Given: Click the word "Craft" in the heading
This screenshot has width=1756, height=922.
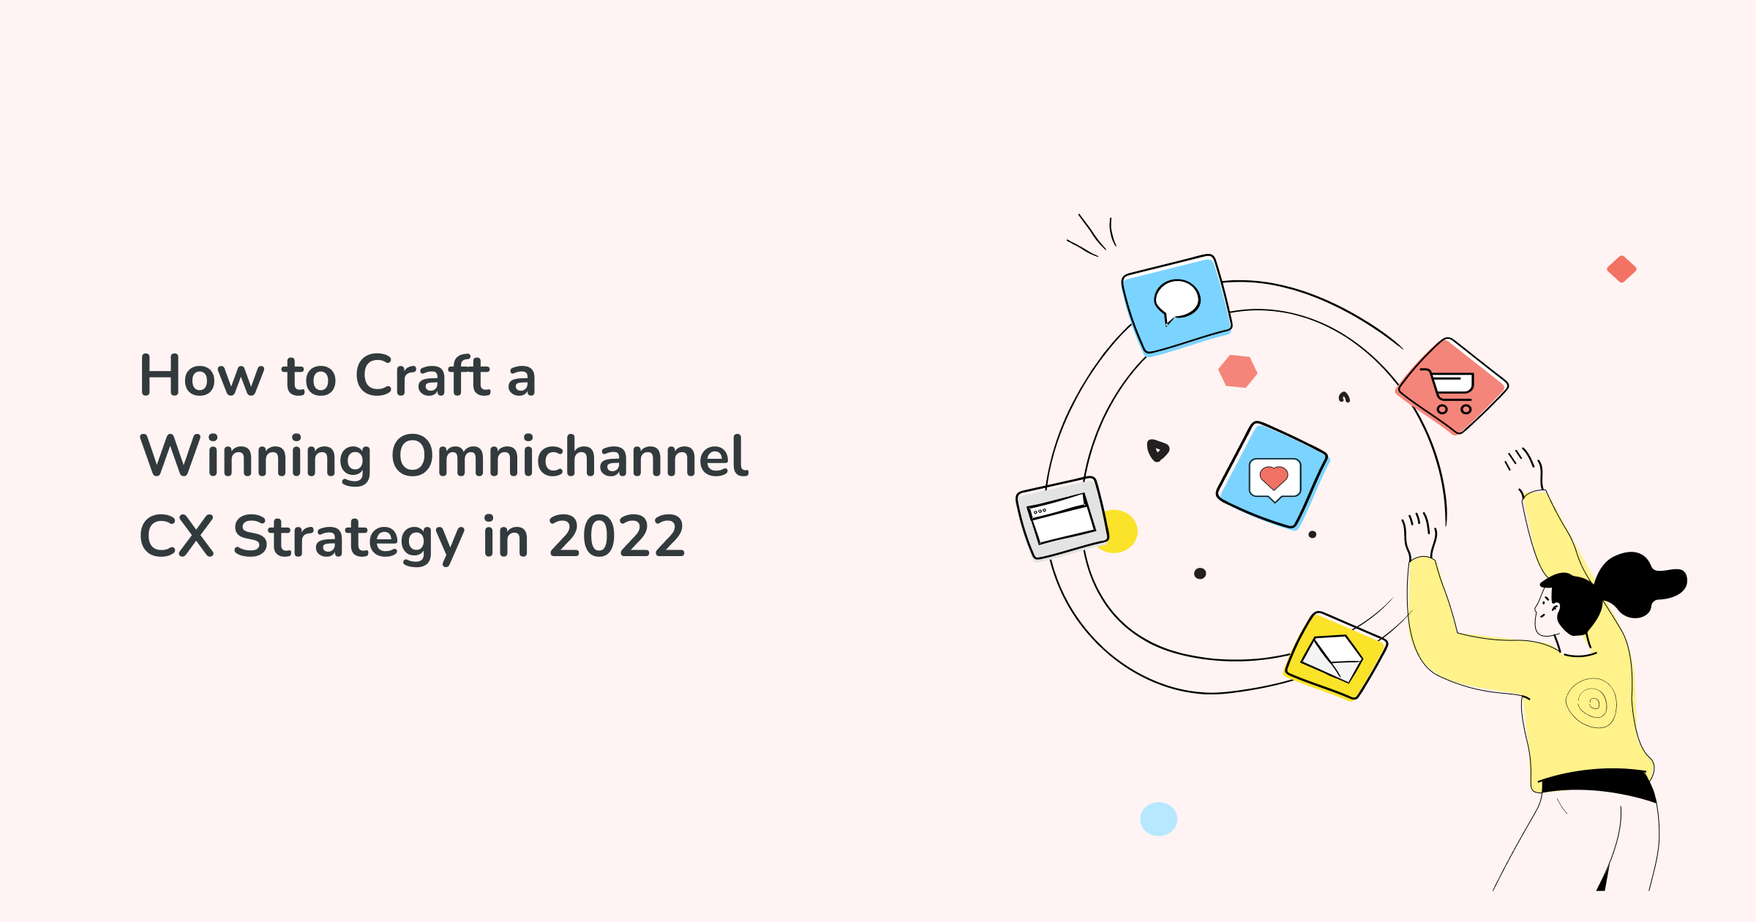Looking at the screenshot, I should (x=422, y=375).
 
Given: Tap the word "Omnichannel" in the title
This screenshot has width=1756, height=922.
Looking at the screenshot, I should (x=570, y=456).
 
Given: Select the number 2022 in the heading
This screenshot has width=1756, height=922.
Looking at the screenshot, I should (x=616, y=536).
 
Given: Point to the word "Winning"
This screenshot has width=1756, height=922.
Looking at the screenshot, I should (x=255, y=456).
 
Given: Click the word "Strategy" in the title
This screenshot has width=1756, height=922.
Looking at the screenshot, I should (x=348, y=536).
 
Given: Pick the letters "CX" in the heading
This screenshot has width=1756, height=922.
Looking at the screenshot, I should (x=176, y=536).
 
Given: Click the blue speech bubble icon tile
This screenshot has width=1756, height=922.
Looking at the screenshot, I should (x=1177, y=304).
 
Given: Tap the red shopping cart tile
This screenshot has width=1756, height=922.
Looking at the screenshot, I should (x=1452, y=386).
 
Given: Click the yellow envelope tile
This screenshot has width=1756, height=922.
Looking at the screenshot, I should (x=1335, y=656).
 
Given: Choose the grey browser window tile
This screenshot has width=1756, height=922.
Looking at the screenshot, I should (x=1062, y=517).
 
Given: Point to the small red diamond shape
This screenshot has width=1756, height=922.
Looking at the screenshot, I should (x=1621, y=269).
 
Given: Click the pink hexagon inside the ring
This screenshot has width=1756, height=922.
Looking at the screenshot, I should (x=1237, y=371).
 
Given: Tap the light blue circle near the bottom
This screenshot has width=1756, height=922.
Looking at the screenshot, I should (x=1158, y=819).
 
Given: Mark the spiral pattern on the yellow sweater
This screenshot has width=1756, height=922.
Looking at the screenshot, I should (x=1591, y=703).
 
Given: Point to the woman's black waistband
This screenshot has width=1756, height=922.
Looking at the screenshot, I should (x=1599, y=783).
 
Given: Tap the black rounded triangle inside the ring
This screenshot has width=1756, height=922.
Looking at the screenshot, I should (x=1157, y=450).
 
